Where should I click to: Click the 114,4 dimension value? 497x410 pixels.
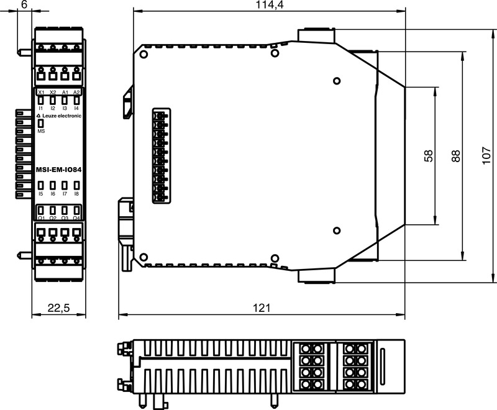(268, 5)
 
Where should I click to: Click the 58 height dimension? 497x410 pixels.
(429, 156)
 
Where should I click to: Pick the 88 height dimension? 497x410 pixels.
(457, 156)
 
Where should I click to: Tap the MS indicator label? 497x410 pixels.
(41, 132)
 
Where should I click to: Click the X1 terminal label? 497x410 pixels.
(41, 93)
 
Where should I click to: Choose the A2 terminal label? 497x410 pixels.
(76, 93)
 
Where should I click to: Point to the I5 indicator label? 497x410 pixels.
(41, 194)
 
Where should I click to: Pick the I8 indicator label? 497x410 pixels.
(76, 194)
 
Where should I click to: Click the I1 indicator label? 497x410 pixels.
(41, 108)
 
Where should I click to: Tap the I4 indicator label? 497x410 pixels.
(76, 108)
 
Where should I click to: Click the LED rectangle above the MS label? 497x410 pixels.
(41, 124)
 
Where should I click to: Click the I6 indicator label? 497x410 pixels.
(53, 194)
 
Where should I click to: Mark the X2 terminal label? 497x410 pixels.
(53, 93)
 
